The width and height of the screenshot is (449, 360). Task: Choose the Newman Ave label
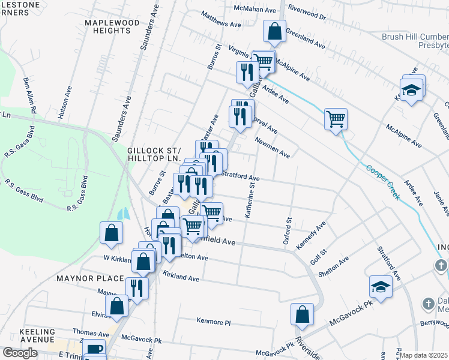pyautogui.click(x=272, y=148)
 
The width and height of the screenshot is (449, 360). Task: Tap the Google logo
pyautogui.click(x=20, y=353)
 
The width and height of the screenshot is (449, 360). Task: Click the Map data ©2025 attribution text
pyautogui.click(x=424, y=355)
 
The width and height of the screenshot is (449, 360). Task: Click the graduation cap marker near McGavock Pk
pyautogui.click(x=381, y=287)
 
